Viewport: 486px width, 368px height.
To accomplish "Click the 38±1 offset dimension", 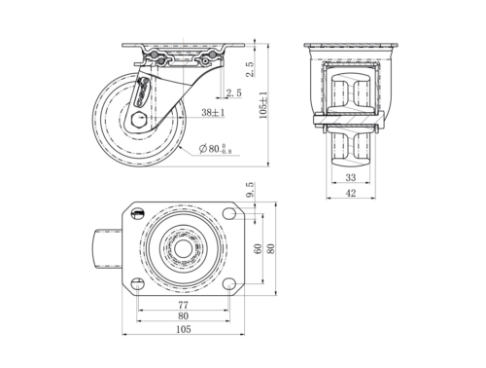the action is coord(213,112).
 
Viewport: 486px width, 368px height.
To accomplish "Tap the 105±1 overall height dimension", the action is coord(263,105).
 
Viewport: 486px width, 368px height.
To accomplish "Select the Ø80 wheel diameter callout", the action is coord(215,149).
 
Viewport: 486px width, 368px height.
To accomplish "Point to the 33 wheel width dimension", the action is coord(351,177).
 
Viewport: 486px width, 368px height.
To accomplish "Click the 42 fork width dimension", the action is coord(351,193).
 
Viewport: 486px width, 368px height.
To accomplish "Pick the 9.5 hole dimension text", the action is coord(251,190).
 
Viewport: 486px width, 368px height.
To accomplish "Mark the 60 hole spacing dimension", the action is coord(259,249).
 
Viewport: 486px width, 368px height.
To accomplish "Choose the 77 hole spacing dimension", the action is coord(183,305).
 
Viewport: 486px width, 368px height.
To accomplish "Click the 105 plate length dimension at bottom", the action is coord(184,329).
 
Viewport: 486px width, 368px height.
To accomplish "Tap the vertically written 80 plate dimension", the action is coord(271,248).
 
